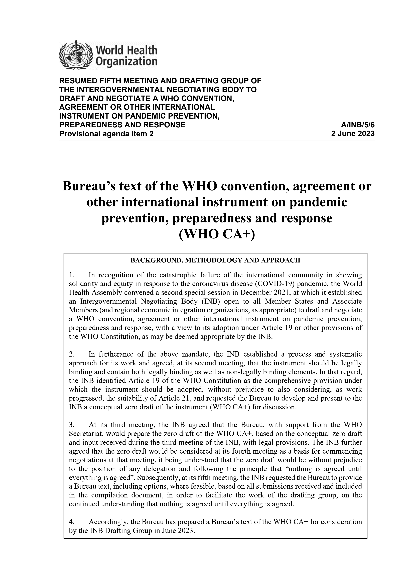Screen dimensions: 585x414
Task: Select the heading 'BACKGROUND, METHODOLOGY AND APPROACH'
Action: [215, 260]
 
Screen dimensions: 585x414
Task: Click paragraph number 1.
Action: [72, 275]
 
